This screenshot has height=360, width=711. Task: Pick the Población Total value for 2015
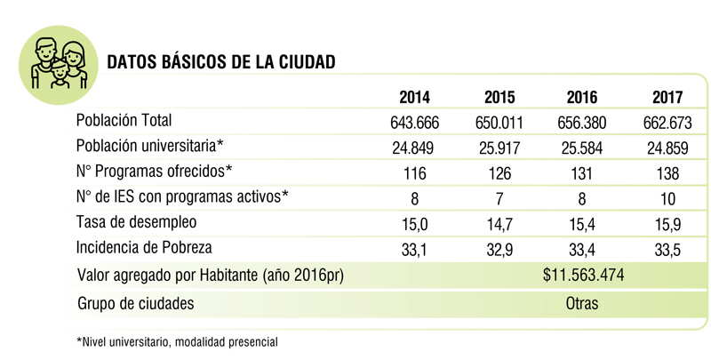pyautogui.click(x=499, y=122)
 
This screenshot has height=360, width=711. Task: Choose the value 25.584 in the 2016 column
pyautogui.click(x=582, y=148)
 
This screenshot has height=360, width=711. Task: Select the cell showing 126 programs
pyautogui.click(x=499, y=173)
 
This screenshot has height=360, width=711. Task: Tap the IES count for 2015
pyautogui.click(x=499, y=199)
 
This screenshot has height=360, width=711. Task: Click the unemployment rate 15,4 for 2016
pyautogui.click(x=582, y=225)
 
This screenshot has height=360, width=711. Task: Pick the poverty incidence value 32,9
pyautogui.click(x=499, y=251)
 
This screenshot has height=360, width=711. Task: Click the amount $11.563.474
pyautogui.click(x=582, y=276)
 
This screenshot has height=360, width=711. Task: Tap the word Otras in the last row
pyautogui.click(x=582, y=303)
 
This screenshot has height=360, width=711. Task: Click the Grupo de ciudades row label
pyautogui.click(x=136, y=303)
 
